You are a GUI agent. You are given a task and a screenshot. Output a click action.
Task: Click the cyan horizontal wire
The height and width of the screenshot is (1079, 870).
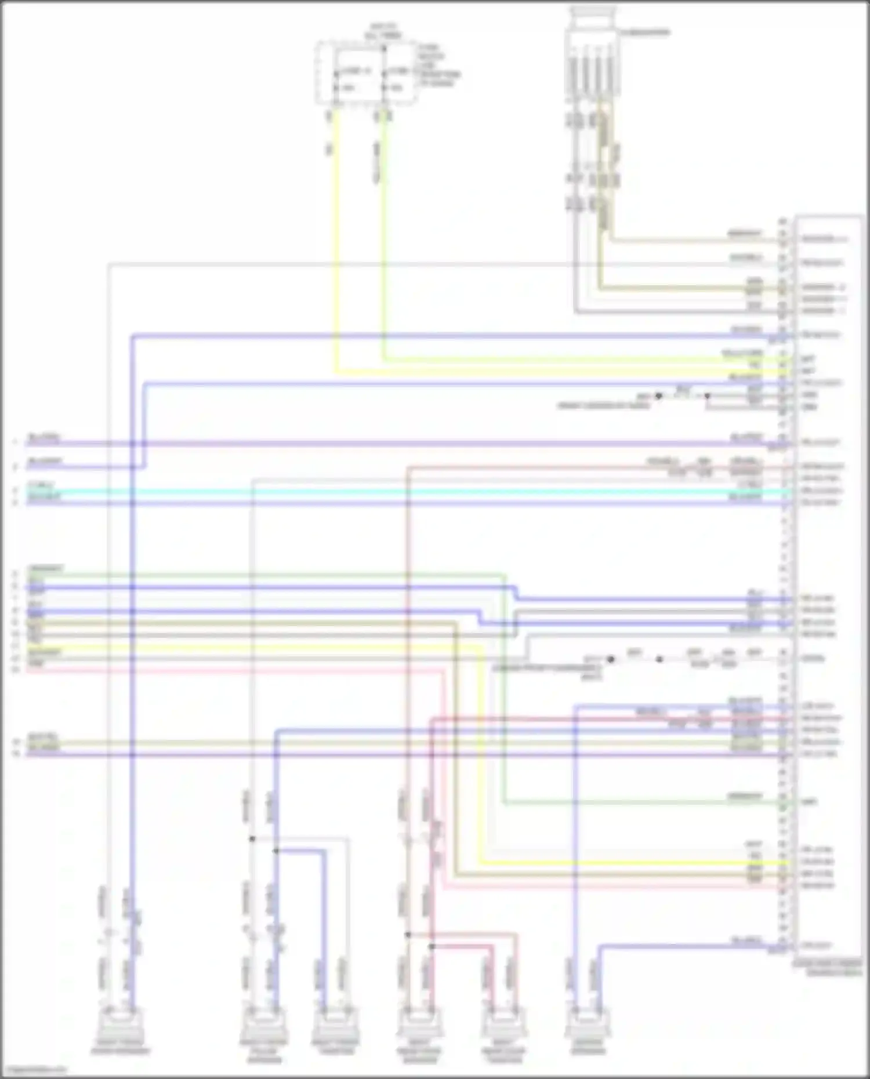[406, 492]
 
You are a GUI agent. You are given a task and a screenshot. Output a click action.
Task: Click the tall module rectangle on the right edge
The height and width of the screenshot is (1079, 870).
[828, 580]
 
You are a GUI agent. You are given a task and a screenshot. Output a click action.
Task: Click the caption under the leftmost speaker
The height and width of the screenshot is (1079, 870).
[120, 1051]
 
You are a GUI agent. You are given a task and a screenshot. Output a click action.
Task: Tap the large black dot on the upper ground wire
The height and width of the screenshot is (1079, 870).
[658, 397]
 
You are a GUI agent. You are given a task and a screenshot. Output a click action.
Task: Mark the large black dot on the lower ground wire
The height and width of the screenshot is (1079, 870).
[610, 659]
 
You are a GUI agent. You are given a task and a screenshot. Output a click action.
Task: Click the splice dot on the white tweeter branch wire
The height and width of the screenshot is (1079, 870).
[252, 838]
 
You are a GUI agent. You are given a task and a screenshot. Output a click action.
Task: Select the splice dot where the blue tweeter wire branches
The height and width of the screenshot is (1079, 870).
[276, 851]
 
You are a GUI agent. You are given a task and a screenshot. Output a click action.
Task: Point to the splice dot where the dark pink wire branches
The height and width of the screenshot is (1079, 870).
[432, 946]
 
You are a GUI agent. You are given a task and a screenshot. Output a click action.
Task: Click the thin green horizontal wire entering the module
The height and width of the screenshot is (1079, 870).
[638, 803]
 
